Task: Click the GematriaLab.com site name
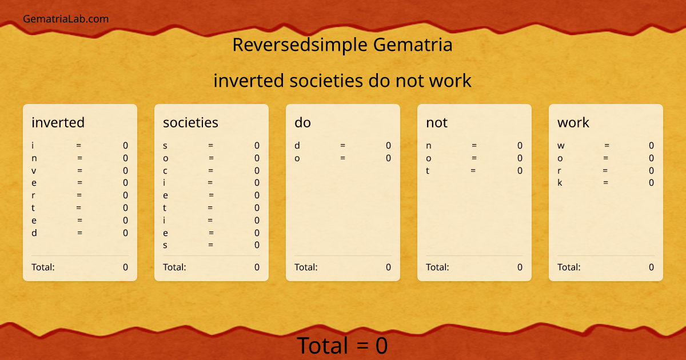[x=66, y=19]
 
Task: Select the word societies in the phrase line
[x=326, y=81]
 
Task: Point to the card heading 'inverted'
[x=58, y=122]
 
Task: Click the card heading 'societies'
[x=190, y=122]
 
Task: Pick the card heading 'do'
[x=302, y=122]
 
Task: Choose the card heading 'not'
[x=437, y=122]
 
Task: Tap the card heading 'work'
[x=573, y=122]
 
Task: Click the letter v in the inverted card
[x=34, y=170]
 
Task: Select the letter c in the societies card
[x=165, y=170]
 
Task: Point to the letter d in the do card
[x=297, y=146]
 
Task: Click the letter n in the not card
[x=429, y=146]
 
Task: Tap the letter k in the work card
[x=560, y=183]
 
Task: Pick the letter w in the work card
[x=561, y=146]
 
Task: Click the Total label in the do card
[x=306, y=267]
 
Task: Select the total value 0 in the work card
[x=651, y=267]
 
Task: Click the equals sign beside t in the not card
[x=473, y=170]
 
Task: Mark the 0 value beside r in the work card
[x=651, y=170]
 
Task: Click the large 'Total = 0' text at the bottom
[x=342, y=346]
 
